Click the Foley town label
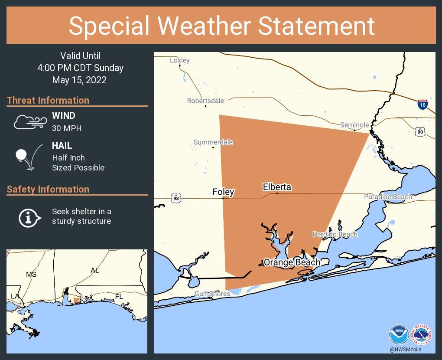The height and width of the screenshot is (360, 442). [x=223, y=192]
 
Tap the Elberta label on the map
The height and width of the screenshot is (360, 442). [x=277, y=187]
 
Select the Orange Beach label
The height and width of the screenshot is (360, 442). [x=292, y=262]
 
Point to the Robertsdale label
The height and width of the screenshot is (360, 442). [x=205, y=101]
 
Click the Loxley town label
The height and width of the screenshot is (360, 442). [x=179, y=60]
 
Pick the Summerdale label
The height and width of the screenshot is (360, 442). [x=213, y=142]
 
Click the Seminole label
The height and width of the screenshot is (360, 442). [x=354, y=125]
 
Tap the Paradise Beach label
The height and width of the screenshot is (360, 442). [x=388, y=197]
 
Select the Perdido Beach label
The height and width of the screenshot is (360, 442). [x=335, y=234]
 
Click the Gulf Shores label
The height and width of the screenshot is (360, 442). [x=212, y=294]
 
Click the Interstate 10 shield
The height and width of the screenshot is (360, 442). [x=422, y=104]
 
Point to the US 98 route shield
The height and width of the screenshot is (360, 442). [x=175, y=199]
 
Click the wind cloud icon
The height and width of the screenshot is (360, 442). [x=29, y=122]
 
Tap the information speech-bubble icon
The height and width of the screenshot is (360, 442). [x=29, y=217]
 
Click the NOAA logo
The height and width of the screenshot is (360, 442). [x=399, y=335]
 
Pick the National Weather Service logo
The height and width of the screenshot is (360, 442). [x=421, y=335]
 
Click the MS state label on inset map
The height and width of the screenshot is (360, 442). [x=31, y=275]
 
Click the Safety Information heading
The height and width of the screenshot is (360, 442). [x=48, y=189]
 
